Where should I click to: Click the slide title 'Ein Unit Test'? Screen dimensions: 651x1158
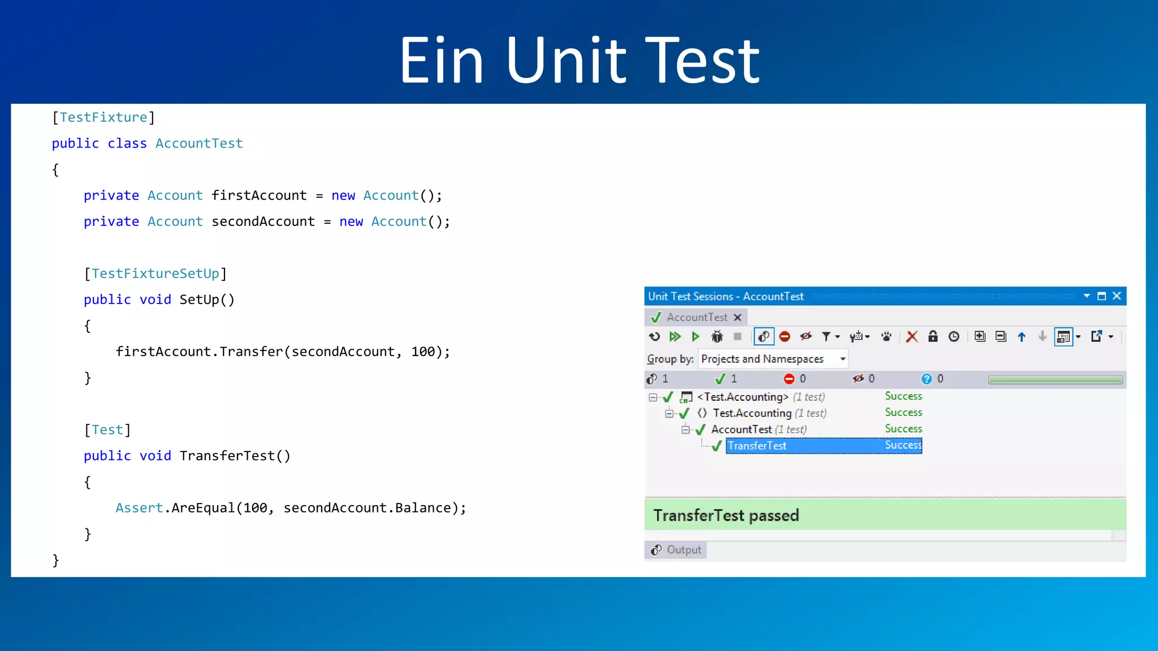click(x=580, y=60)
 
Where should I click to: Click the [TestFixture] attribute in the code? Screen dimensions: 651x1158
click(x=103, y=118)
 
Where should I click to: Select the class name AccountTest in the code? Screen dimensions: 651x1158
click(x=199, y=144)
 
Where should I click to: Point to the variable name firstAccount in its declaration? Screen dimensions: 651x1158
click(x=259, y=196)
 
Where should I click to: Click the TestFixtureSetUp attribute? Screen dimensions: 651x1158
click(x=155, y=274)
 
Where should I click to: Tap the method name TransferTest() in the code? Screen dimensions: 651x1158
click(x=235, y=456)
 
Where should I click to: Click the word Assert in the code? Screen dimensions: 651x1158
click(x=139, y=508)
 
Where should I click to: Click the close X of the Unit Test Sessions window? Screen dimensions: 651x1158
click(x=1117, y=296)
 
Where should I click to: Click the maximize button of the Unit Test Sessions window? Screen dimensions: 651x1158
click(x=1101, y=296)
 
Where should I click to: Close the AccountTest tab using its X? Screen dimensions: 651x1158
click(x=737, y=318)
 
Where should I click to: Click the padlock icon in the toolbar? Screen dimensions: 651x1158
click(x=933, y=337)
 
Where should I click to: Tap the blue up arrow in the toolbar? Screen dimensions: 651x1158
click(x=1022, y=337)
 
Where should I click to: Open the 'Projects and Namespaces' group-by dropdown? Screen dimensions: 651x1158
click(x=842, y=359)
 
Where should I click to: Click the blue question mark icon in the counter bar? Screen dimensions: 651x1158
click(x=926, y=379)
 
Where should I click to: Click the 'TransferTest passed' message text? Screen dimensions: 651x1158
click(x=726, y=515)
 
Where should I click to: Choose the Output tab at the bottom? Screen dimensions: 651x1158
click(x=676, y=550)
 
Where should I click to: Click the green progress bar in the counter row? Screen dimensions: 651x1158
click(x=1055, y=380)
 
